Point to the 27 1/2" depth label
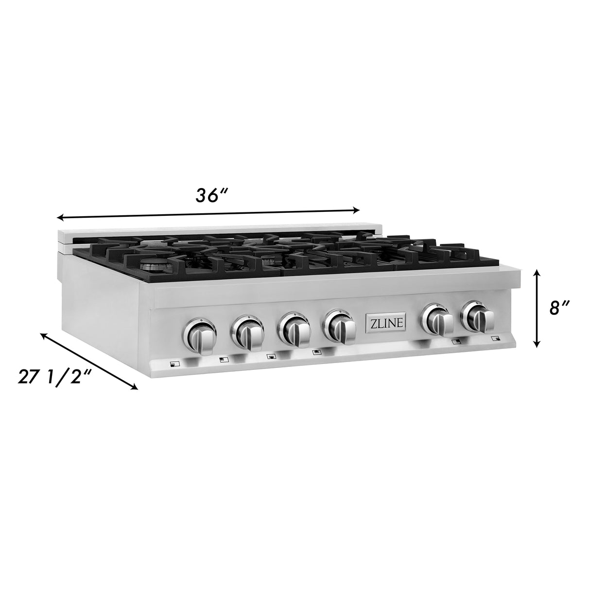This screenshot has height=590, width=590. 54,377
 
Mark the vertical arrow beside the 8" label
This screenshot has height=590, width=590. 536,309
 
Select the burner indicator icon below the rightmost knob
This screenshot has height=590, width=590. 495,338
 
